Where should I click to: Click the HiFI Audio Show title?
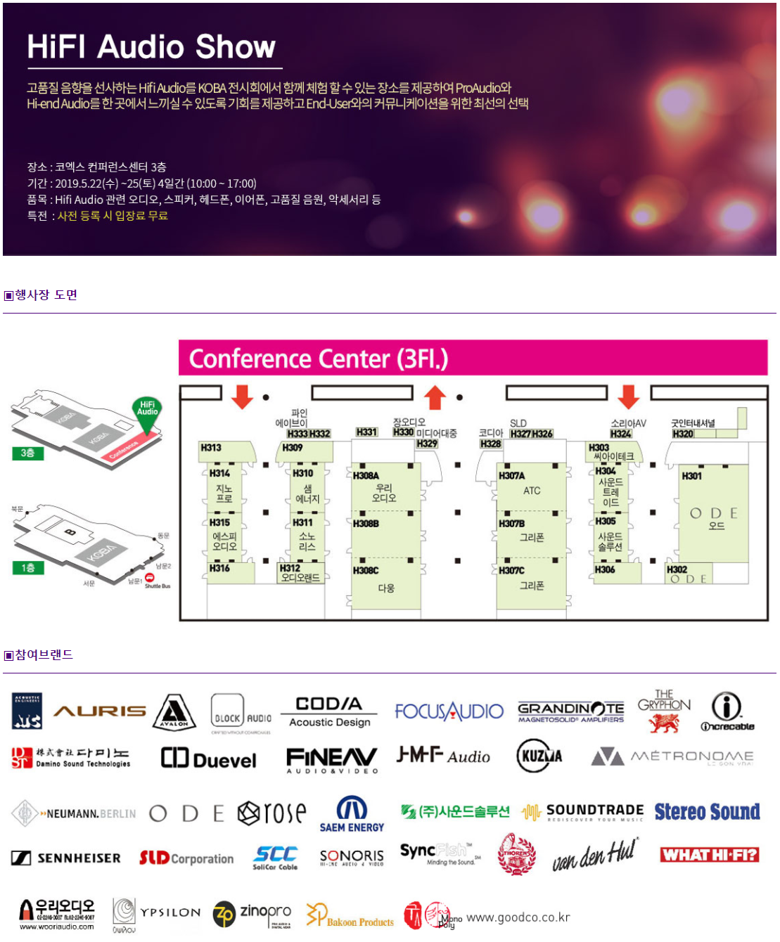[151, 47]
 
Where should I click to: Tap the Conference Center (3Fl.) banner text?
[319, 359]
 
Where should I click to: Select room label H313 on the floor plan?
[211, 448]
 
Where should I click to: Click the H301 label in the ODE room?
[692, 476]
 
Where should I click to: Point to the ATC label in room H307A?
[532, 491]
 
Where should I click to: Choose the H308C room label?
[366, 571]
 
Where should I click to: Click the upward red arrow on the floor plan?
[435, 397]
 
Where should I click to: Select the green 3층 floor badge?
[28, 453]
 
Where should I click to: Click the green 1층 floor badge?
[28, 567]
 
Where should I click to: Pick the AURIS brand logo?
[100, 711]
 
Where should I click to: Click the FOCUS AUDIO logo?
[449, 711]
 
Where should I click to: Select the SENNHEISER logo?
[66, 858]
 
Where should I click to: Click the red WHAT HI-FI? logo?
[710, 855]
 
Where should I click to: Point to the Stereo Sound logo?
[707, 812]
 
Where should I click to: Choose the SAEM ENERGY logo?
[352, 815]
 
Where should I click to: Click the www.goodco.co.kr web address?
[518, 917]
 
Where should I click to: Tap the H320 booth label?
[683, 434]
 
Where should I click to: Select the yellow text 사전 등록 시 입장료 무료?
[113, 216]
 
